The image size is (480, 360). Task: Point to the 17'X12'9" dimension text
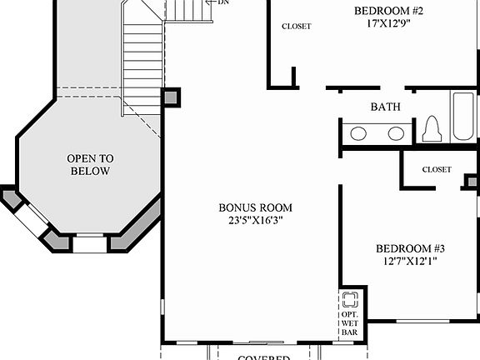(388, 24)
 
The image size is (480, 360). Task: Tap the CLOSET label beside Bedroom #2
(296, 26)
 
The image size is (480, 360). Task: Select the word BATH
(385, 107)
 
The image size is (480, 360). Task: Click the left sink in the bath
(359, 133)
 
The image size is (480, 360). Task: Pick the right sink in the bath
(396, 133)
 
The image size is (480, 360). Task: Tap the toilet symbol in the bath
(432, 130)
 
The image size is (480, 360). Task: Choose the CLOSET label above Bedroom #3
(436, 169)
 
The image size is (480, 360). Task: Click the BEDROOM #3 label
(410, 248)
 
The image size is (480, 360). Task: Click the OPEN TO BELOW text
(90, 164)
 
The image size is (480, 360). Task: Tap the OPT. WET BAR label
(350, 323)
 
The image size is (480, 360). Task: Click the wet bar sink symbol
(350, 299)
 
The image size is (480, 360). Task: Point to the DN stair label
(222, 2)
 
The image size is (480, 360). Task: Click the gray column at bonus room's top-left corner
(172, 97)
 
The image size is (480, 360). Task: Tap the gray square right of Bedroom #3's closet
(472, 181)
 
